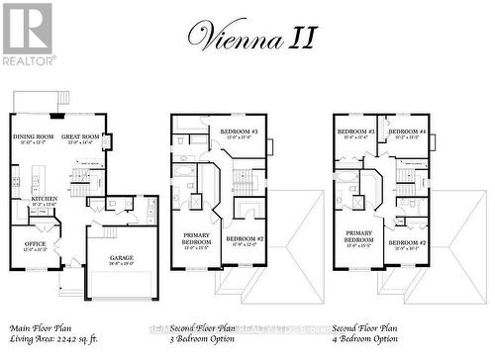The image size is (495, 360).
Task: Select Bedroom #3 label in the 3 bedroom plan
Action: click(239, 133)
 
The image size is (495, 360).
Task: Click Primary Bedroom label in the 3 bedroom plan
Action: click(196, 238)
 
